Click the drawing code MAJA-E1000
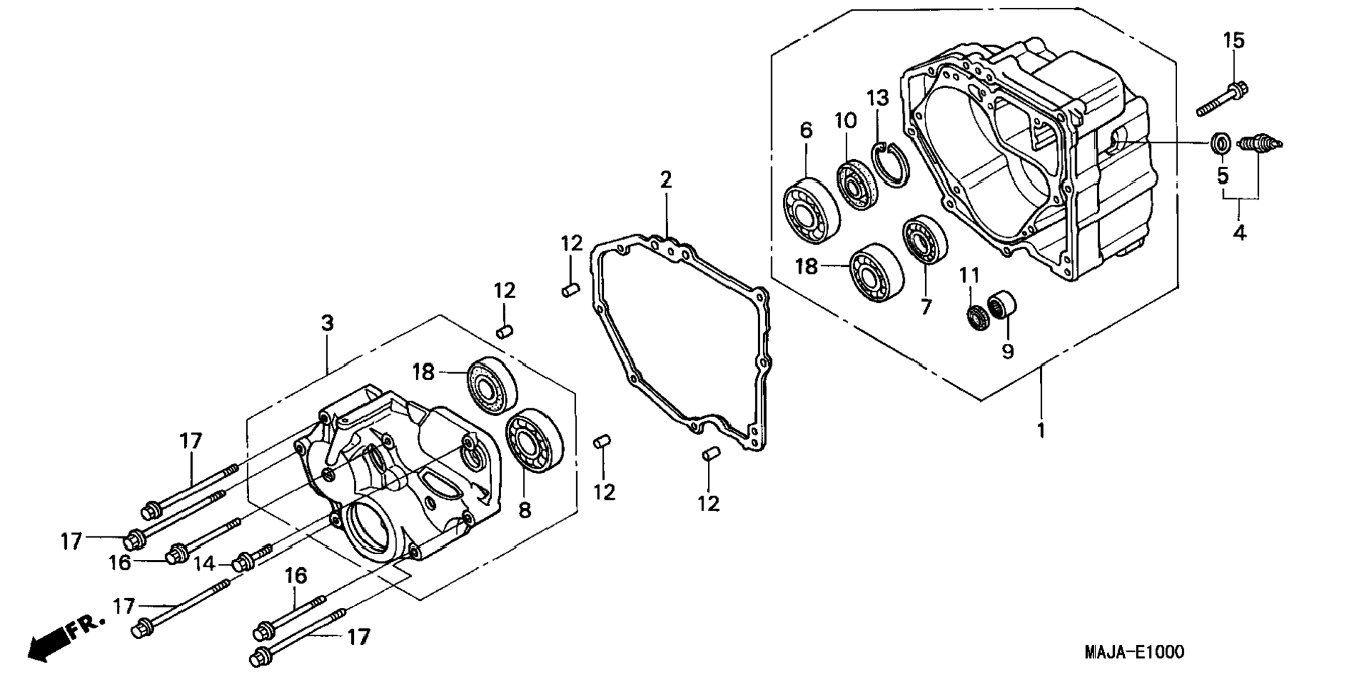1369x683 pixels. pyautogui.click(x=1133, y=652)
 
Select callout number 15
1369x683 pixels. pyautogui.click(x=1233, y=41)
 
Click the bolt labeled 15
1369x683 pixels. pyautogui.click(x=1222, y=99)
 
